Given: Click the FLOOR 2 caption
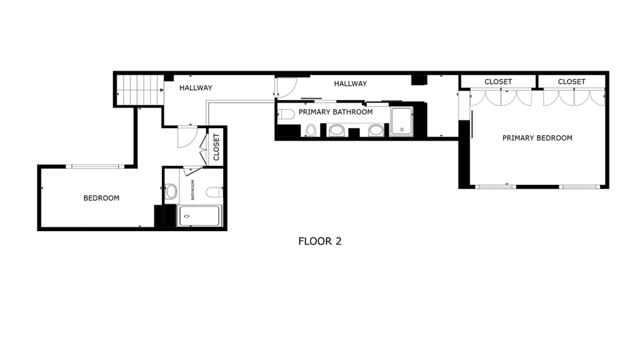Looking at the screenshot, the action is coord(319,241).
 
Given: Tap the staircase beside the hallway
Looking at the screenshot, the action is coord(140,89).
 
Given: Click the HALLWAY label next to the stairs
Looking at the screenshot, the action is coord(196,87).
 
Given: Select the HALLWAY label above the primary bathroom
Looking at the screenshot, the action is coord(350,84).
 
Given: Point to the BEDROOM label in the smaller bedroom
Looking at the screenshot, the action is coord(101,198).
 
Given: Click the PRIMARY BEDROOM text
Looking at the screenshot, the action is coord(537,138).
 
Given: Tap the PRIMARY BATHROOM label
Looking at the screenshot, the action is coord(336,112).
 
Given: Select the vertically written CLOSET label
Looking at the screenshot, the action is coord(216,147).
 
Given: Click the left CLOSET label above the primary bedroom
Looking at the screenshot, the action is coord(498,82).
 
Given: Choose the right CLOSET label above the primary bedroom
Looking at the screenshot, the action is coord(571,82).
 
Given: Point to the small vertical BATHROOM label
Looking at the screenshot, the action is coord(192,190).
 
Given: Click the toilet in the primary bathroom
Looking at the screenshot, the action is coord(286,114).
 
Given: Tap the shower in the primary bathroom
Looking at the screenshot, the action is coord(402,121).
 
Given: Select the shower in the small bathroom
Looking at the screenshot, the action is coord(199,216).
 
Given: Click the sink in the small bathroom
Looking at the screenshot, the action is coord(171,191).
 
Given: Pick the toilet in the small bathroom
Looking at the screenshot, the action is coord(214,192).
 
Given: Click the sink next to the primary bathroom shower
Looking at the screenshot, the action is coord(376,131).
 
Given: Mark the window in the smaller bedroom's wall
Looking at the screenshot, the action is coord(95,166).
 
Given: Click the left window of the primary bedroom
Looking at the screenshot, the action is coord(495,187).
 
